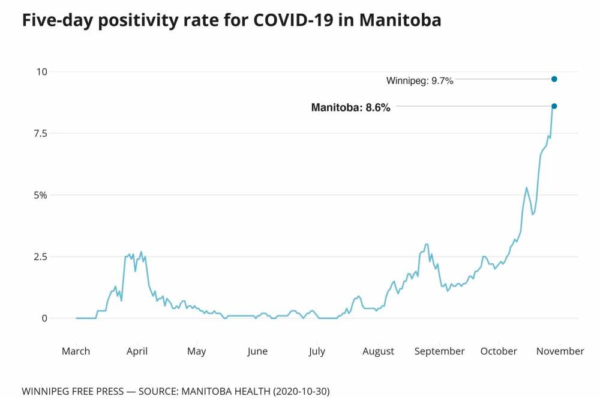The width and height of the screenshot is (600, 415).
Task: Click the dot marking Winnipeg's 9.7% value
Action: point(554,79)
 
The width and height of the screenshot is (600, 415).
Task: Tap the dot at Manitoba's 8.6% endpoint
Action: point(554,106)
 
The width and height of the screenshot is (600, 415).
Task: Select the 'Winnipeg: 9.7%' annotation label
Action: point(420,80)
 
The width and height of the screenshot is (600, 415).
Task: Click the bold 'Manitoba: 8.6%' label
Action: point(351,108)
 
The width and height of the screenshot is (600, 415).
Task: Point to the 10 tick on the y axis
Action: point(41,72)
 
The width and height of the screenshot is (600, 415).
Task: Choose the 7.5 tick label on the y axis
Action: point(39,134)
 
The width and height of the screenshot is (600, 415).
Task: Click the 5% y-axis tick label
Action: point(40,196)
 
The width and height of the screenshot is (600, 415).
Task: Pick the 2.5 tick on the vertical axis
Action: point(39,257)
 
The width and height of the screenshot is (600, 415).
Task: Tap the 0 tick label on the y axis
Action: point(43,318)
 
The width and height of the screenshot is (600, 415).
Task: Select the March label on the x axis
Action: point(76,351)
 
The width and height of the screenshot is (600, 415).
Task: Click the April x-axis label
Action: point(137,351)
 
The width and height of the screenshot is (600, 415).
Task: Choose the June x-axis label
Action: point(257,351)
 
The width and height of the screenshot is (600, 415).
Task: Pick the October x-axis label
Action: point(499,351)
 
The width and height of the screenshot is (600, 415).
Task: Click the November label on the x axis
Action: point(560,351)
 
